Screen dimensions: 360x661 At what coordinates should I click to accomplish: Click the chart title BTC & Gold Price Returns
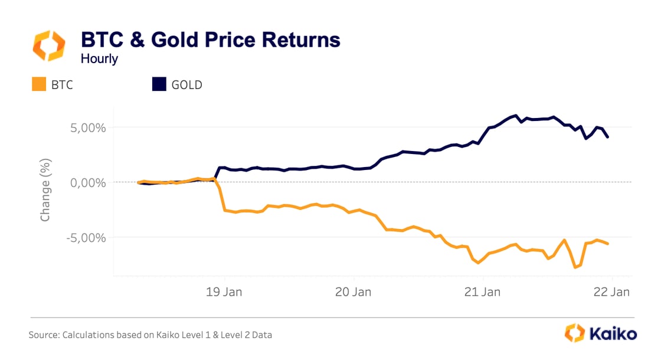(210, 40)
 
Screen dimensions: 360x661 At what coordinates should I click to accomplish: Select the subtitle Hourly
(99, 58)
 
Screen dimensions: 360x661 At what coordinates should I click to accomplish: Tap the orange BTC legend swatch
(38, 84)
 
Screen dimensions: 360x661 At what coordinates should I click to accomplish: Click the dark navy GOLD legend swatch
(159, 84)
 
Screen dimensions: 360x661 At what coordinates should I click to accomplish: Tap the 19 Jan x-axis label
(224, 291)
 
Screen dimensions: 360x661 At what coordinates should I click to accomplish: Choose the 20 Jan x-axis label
(354, 291)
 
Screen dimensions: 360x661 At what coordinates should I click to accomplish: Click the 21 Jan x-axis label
(483, 291)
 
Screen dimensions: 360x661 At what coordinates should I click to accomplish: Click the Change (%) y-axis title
(45, 189)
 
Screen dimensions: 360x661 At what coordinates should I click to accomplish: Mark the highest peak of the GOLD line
(516, 116)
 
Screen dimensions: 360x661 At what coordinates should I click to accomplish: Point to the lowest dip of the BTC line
(575, 267)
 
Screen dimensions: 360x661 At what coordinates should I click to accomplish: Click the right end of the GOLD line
(608, 137)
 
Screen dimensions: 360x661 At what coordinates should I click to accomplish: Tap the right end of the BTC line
(608, 244)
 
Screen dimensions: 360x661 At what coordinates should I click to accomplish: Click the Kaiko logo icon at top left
(50, 46)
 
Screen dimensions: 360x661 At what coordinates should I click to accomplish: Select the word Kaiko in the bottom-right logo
(614, 334)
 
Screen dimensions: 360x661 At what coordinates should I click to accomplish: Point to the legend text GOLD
(186, 84)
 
